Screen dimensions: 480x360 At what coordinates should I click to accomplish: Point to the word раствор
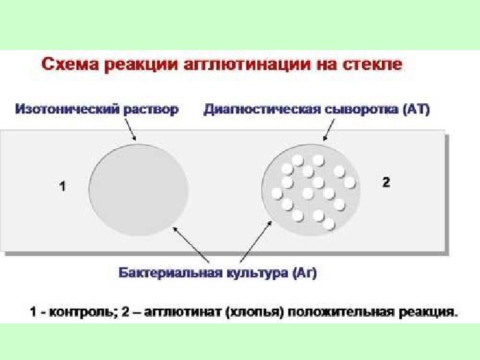click(x=155, y=109)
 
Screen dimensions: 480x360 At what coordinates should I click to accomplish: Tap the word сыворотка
click(x=359, y=109)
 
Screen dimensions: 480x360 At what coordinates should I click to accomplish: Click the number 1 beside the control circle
click(x=62, y=187)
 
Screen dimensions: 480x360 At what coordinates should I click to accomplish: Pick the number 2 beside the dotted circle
click(x=385, y=182)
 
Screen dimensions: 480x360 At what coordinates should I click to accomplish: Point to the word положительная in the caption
click(x=329, y=311)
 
